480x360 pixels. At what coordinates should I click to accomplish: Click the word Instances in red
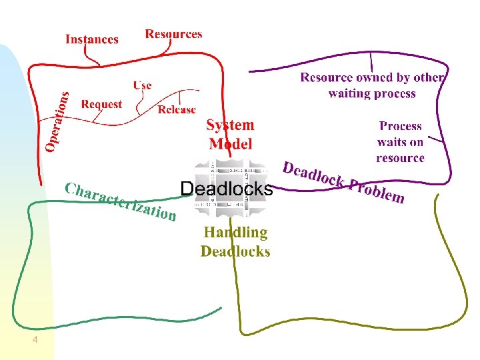pos(92,39)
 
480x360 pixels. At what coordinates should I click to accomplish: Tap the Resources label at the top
pos(173,34)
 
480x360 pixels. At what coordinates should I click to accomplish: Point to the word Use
pos(142,85)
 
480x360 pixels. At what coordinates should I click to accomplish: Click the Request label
pos(101,104)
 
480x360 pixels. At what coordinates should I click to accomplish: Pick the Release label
pos(177,109)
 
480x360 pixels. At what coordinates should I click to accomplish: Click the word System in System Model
pos(230,125)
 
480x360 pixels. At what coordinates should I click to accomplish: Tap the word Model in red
pos(230,143)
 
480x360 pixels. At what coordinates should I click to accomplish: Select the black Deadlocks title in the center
pos(227,189)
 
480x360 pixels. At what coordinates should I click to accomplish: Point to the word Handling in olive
pos(235,233)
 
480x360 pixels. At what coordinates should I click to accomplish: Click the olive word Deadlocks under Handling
pos(235,251)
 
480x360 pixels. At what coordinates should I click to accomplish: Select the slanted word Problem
pos(377,191)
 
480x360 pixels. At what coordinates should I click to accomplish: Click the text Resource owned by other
pos(372,77)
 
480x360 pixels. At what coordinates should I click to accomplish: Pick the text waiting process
pos(372,93)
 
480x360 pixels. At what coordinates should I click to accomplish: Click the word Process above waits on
pos(400,125)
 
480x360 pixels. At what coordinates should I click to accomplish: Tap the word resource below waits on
pos(400,158)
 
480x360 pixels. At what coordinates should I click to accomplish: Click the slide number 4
pos(35,341)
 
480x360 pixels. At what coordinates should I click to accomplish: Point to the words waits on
pos(400,141)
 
